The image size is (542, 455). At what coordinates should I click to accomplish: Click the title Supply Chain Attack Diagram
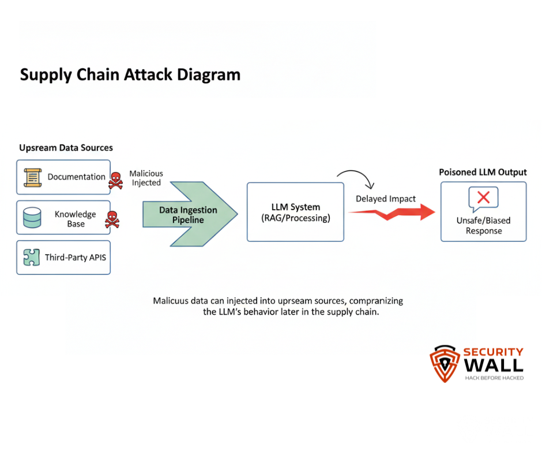[x=130, y=75]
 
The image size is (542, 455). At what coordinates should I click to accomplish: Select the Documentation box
[x=63, y=177]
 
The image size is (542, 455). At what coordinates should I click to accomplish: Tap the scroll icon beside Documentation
[x=33, y=177]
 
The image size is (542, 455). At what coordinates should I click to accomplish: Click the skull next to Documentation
[x=115, y=180]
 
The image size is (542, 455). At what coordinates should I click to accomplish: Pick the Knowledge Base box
[x=63, y=218]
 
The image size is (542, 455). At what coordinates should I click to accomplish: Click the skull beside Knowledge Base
[x=111, y=219]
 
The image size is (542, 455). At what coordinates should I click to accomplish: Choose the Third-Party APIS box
[x=63, y=258]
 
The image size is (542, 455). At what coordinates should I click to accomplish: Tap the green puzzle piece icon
[x=32, y=258]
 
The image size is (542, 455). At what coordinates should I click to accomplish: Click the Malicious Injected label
[x=146, y=178]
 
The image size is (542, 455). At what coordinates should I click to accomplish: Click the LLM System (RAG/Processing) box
[x=295, y=212]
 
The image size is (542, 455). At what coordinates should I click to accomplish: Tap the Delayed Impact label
[x=385, y=199]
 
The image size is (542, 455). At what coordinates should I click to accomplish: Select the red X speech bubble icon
[x=483, y=198]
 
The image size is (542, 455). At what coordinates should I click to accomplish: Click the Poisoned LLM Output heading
[x=483, y=172]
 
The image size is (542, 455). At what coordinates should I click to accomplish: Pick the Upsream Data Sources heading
[x=66, y=148]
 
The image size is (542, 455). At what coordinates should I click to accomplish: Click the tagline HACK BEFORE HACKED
[x=494, y=378]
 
